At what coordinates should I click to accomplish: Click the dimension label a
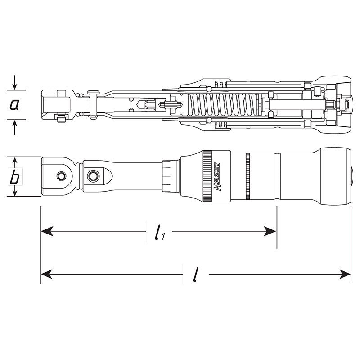point(14,105)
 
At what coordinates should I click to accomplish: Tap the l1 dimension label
point(158,233)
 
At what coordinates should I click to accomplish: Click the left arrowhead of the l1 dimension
point(45,231)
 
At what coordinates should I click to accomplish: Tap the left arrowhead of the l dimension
point(45,274)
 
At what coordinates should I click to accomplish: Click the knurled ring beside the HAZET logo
point(207,177)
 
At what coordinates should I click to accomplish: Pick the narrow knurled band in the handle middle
point(247,177)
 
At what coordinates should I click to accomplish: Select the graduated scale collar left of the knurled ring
point(169,177)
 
